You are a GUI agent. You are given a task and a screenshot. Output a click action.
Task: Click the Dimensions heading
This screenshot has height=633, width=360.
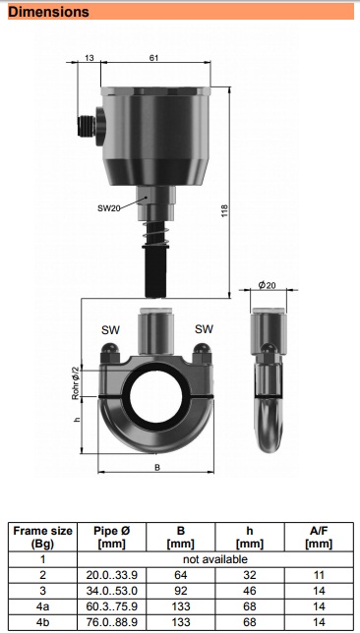tap(48, 12)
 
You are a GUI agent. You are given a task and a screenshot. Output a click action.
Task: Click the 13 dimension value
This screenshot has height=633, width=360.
tap(90, 58)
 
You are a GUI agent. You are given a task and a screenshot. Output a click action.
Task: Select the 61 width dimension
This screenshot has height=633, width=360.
tap(153, 58)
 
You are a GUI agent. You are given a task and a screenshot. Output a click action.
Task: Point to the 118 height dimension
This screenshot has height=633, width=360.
tap(224, 210)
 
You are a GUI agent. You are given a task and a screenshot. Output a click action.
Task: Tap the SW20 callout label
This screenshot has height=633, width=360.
tap(109, 208)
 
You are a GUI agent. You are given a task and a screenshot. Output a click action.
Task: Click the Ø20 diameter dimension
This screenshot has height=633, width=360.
tap(268, 285)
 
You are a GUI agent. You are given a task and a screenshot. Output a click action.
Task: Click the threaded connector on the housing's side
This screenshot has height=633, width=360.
tap(87, 126)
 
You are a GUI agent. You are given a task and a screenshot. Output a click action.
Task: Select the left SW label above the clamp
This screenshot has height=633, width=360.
tap(110, 330)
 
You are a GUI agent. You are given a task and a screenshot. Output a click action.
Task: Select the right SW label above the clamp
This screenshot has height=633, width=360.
tap(204, 329)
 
